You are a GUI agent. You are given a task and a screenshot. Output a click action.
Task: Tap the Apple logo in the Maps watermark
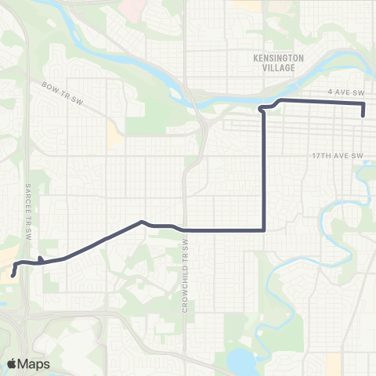click(13, 363)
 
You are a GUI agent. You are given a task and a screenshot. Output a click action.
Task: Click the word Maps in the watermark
click(36, 363)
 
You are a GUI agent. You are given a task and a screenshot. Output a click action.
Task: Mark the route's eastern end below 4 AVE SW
click(364, 115)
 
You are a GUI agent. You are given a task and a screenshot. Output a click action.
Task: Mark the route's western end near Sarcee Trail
click(13, 275)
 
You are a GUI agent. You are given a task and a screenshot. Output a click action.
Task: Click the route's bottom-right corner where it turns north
click(264, 230)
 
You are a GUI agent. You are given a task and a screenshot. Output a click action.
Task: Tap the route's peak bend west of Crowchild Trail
click(141, 221)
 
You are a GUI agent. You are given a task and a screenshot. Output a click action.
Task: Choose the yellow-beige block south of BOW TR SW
click(115, 139)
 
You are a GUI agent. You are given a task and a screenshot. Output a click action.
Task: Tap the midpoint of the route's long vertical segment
click(264, 168)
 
